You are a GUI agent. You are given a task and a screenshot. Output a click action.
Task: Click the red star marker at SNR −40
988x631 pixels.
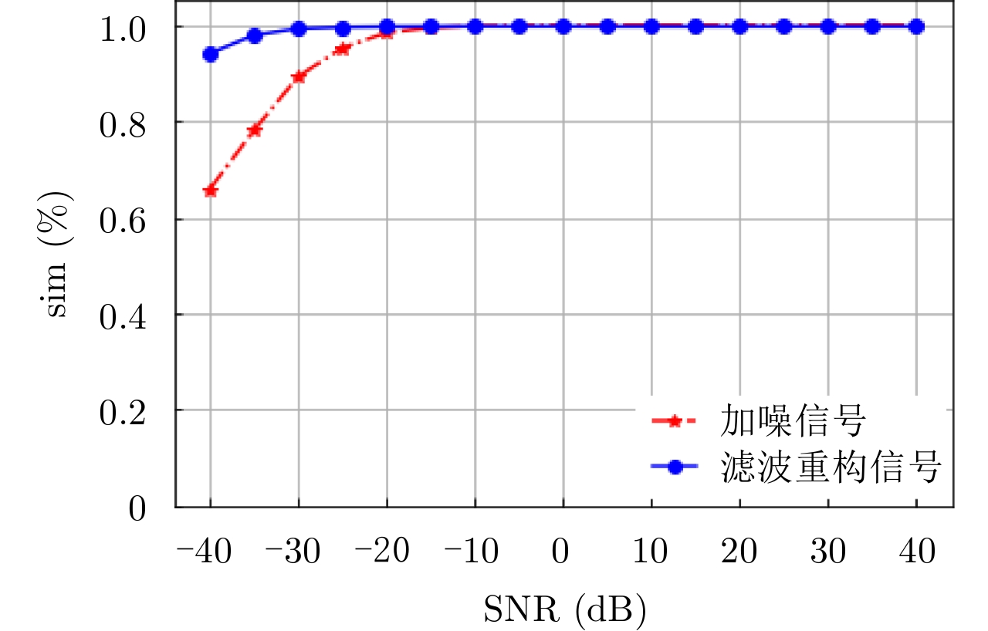click(210, 191)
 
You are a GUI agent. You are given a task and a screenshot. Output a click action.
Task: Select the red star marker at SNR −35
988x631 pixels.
click(254, 130)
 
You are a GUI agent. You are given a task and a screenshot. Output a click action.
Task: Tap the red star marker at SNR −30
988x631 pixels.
click(299, 76)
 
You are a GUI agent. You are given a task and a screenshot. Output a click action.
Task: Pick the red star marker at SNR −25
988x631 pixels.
click(343, 49)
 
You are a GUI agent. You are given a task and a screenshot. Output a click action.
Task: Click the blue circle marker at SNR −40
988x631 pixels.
click(210, 54)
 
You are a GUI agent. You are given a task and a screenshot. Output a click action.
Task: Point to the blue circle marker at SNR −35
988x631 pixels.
click(254, 35)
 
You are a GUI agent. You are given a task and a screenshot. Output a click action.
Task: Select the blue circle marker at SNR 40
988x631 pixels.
click(916, 26)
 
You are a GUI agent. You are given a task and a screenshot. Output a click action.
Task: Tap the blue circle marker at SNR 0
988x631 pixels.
click(563, 26)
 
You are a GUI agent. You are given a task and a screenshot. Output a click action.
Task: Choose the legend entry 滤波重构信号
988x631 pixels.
click(831, 467)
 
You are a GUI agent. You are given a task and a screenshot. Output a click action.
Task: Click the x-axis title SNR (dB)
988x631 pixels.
click(564, 609)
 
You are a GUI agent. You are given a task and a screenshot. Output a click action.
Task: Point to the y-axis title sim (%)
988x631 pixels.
click(59, 257)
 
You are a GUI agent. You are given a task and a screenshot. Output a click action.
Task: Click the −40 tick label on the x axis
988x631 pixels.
click(204, 552)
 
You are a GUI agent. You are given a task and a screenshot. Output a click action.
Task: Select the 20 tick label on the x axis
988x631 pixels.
click(739, 552)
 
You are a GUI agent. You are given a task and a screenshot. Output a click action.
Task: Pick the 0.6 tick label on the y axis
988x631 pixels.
click(123, 219)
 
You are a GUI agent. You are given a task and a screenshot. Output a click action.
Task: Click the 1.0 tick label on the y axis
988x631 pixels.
click(123, 27)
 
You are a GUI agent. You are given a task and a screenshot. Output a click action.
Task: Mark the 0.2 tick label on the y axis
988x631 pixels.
click(123, 410)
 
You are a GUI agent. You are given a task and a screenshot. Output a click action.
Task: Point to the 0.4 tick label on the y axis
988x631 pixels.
click(123, 315)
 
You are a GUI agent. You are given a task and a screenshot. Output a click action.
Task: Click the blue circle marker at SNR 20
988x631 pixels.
click(739, 26)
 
